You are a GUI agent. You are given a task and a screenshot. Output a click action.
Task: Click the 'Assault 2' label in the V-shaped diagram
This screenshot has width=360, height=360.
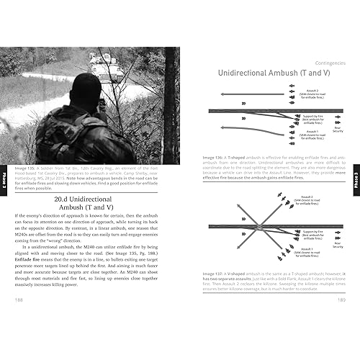coord(310,198)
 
